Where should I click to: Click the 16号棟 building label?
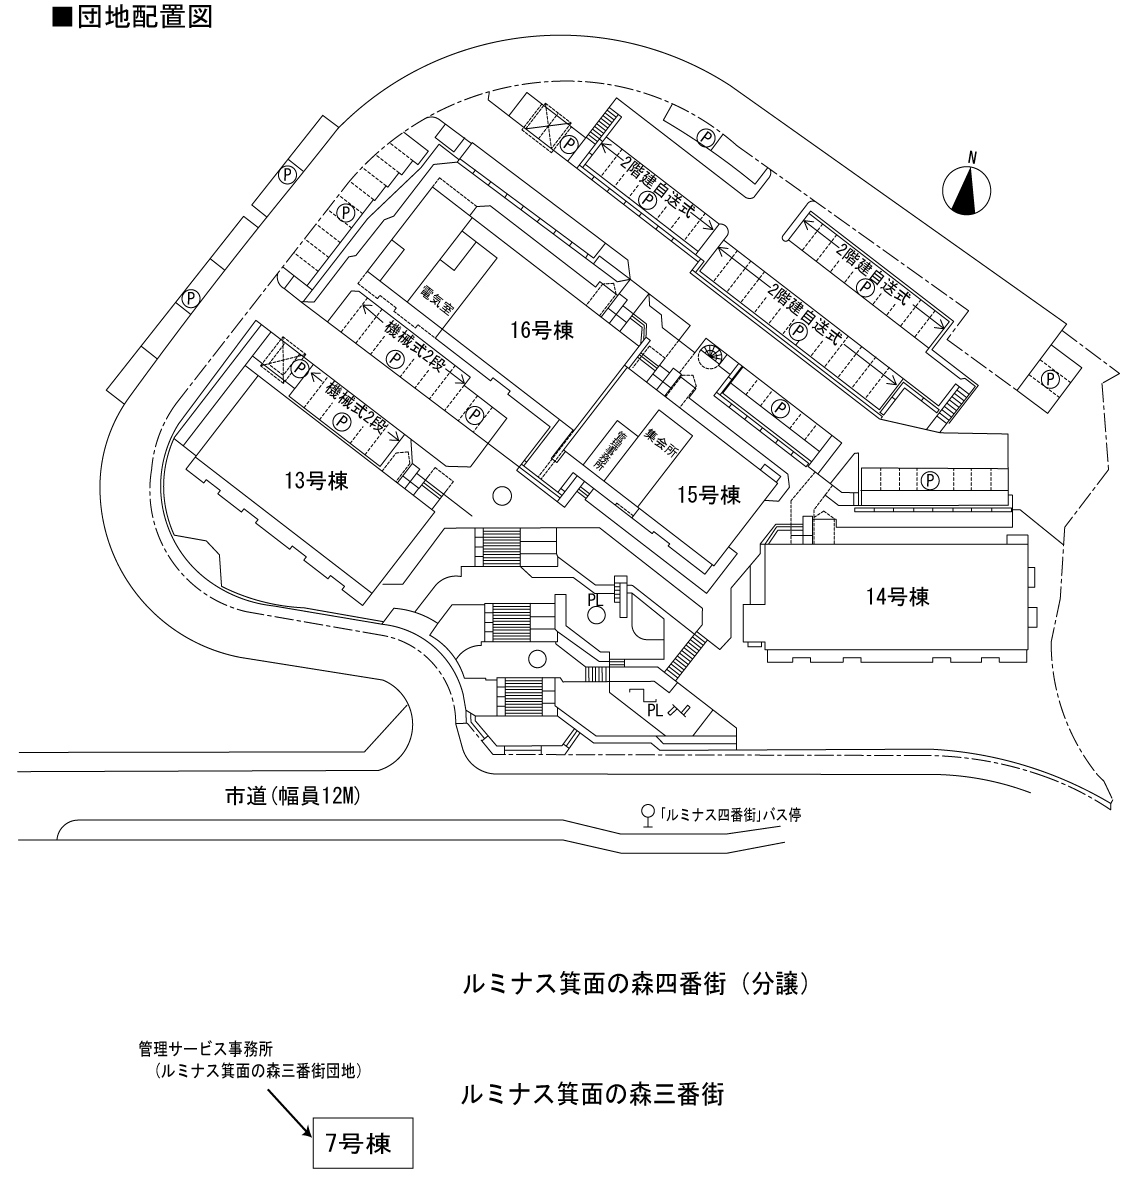click(541, 331)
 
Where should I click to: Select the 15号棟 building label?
click(707, 493)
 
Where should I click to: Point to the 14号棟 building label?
click(898, 598)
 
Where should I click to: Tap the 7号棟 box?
click(359, 1143)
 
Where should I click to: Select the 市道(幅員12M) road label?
click(291, 797)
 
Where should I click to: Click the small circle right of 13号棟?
click(501, 494)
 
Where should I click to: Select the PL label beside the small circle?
click(594, 598)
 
